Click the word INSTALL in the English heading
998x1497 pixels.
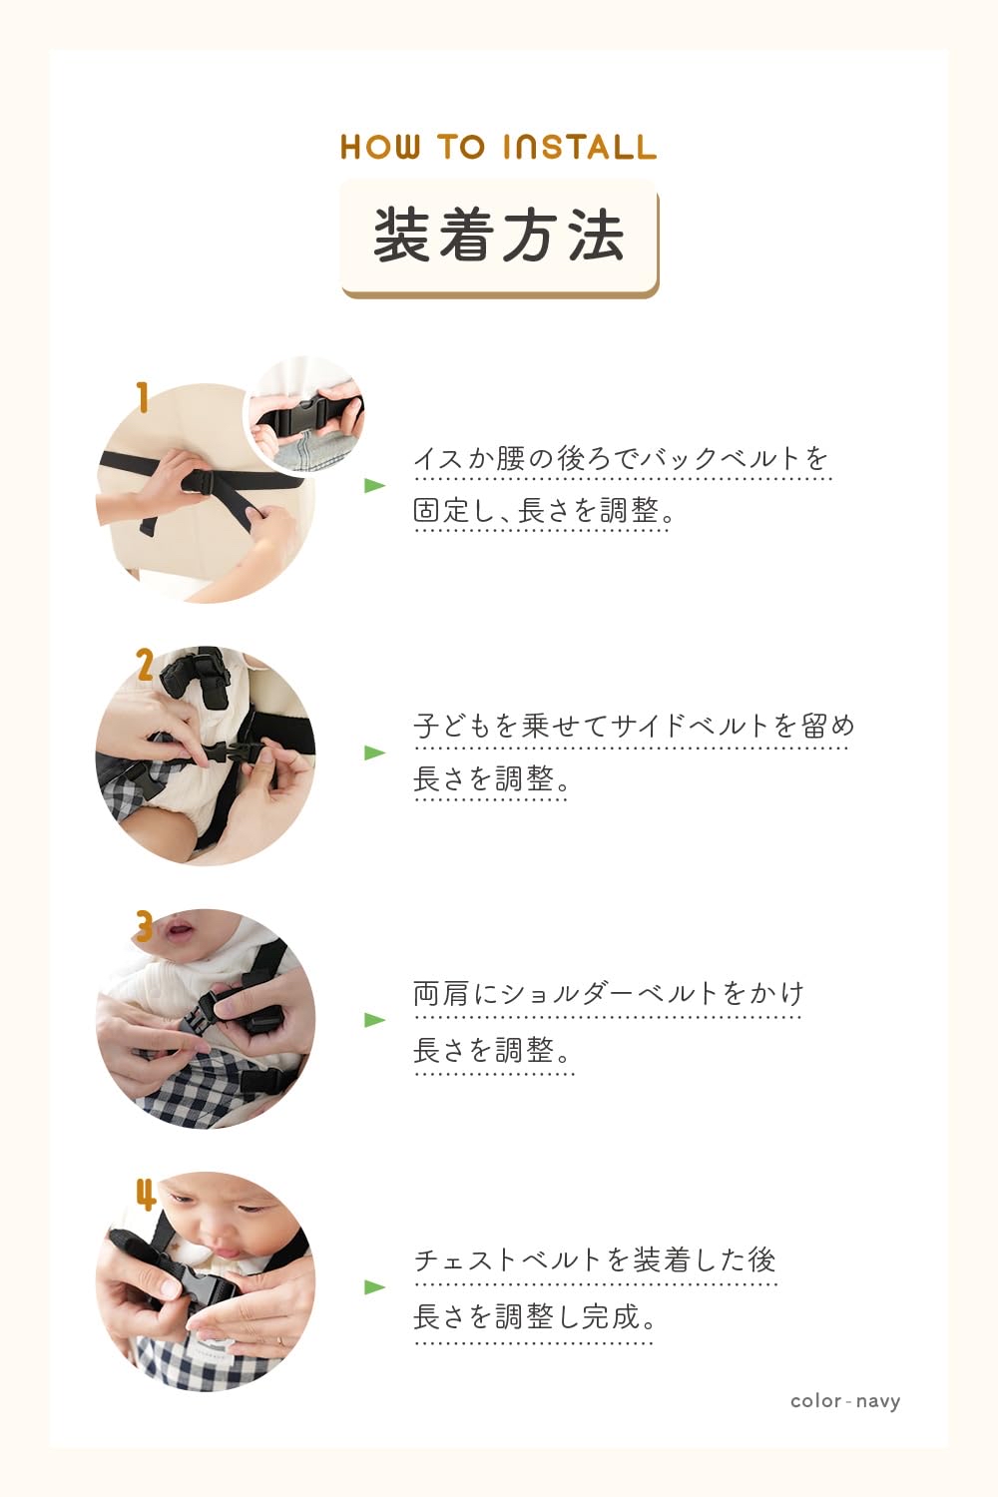tap(580, 147)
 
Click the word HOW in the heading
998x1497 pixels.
tap(379, 147)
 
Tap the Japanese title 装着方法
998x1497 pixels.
tap(499, 237)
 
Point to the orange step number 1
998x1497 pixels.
tap(143, 397)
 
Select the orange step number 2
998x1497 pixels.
tap(145, 665)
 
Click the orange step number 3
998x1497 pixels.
tap(145, 926)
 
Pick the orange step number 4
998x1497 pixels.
tap(146, 1193)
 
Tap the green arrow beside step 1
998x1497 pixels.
tap(374, 485)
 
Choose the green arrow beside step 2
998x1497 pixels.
tap(374, 752)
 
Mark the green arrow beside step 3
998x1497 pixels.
tap(374, 1019)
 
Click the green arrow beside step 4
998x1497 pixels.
tap(374, 1286)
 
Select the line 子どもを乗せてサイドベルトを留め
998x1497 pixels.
tap(634, 726)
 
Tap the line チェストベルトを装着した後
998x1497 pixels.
tap(595, 1259)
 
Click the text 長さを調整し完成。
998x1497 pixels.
tap(536, 1317)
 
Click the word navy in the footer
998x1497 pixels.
tap(877, 1401)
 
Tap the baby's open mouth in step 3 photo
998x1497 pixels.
tap(180, 932)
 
